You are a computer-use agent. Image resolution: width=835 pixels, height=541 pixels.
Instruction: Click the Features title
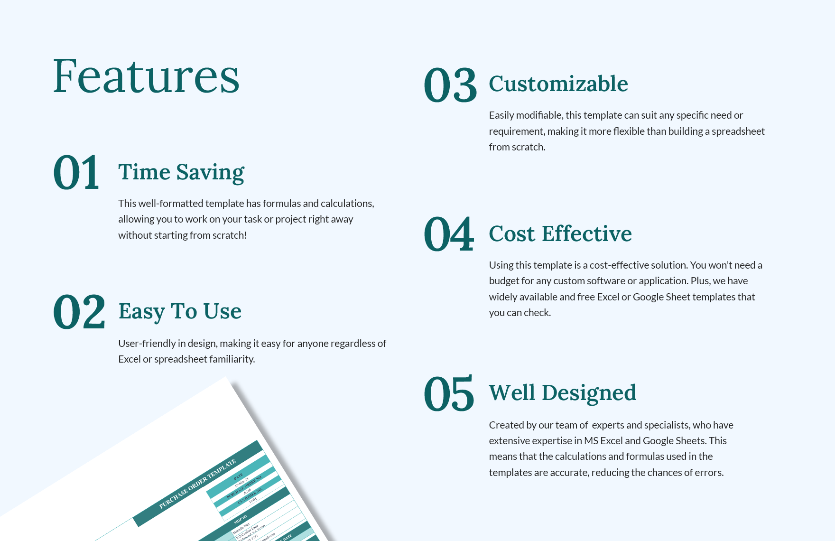[x=146, y=76]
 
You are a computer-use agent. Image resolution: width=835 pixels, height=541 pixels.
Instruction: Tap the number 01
[x=76, y=172]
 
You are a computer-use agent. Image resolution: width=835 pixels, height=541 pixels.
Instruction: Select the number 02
[x=79, y=312]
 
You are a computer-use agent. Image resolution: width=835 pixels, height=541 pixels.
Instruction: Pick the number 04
[x=449, y=234]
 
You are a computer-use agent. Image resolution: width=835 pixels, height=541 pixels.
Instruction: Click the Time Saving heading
[x=181, y=172]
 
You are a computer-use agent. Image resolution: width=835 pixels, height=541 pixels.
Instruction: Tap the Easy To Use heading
[x=180, y=311]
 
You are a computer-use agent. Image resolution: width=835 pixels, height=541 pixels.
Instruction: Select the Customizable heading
[x=558, y=84]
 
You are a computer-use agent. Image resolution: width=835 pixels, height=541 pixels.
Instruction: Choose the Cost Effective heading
[x=560, y=234]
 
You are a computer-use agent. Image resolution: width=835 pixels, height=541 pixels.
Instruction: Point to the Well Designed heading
[x=563, y=393]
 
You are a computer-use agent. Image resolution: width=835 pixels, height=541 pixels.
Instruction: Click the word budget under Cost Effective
[x=504, y=281]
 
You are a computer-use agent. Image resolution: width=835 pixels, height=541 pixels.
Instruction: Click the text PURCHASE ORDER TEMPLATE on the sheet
[x=197, y=484]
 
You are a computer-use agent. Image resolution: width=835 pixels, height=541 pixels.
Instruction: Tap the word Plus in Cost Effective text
[x=699, y=281]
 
